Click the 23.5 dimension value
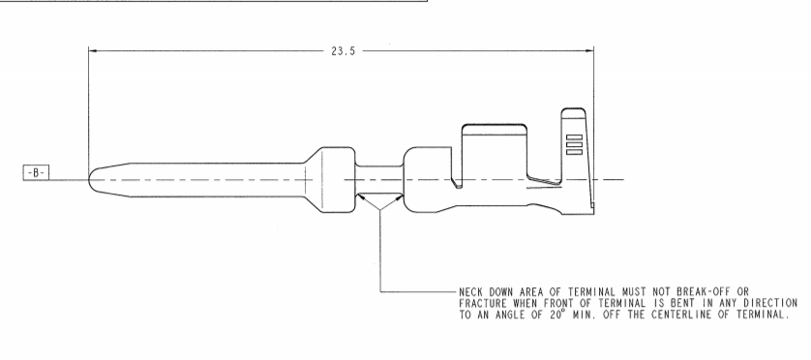coord(344,51)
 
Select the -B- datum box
coord(36,173)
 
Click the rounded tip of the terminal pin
coord(90,179)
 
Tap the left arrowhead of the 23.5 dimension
coord(93,50)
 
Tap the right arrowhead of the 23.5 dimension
coord(589,50)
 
